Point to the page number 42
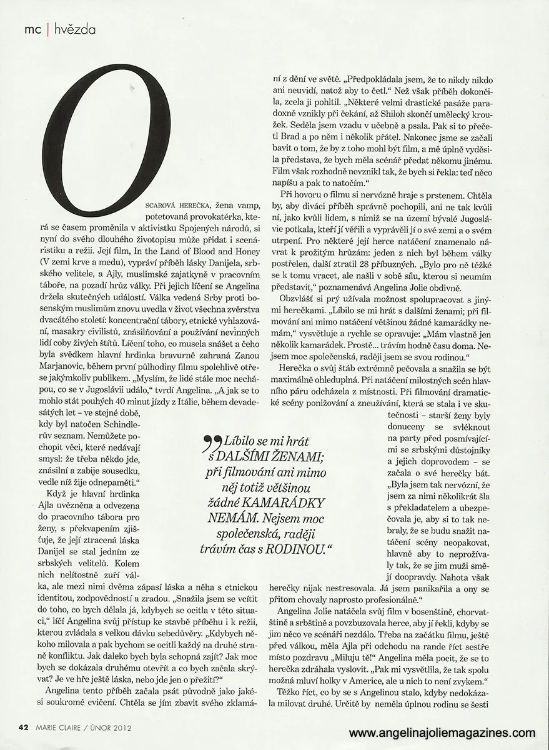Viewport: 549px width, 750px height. click(23, 726)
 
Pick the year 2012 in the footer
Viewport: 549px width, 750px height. click(122, 727)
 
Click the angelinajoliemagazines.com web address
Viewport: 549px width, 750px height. click(442, 732)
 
